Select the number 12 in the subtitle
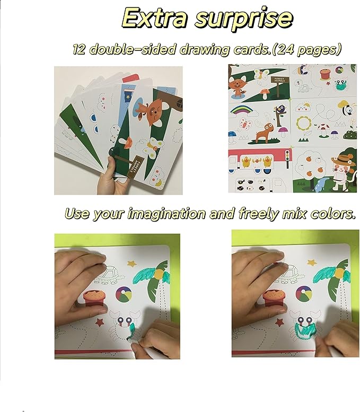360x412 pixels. [x=81, y=49]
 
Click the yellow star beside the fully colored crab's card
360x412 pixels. [x=311, y=261]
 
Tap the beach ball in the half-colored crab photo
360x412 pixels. [x=126, y=293]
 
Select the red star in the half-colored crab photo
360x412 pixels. [x=99, y=321]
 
